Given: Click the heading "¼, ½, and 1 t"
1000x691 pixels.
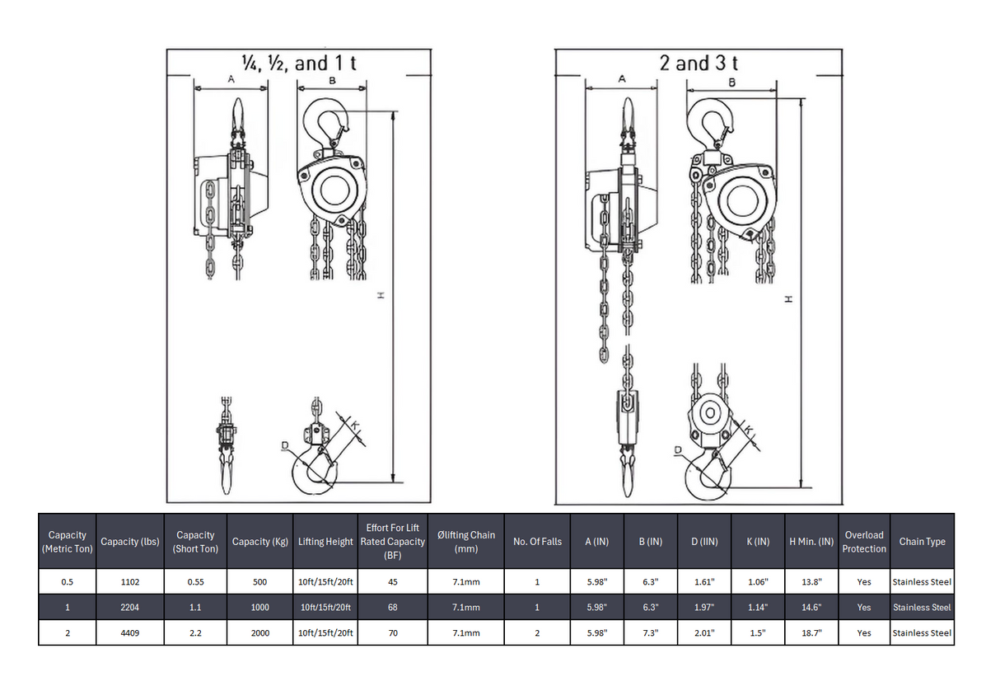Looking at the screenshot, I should (298, 63).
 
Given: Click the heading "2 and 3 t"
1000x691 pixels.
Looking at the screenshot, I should (699, 63).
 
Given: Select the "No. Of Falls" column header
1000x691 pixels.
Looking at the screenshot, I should (537, 542).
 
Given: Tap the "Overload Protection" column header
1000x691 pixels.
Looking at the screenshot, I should (863, 542).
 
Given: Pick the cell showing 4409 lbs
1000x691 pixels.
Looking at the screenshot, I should (129, 633).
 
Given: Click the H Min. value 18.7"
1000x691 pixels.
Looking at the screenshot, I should (811, 633).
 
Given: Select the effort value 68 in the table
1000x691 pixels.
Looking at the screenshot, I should (392, 608).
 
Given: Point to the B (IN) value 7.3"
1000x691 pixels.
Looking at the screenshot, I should (651, 633).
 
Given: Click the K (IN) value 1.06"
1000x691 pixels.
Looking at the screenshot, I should (757, 582).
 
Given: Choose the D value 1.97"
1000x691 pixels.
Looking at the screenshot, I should (703, 608).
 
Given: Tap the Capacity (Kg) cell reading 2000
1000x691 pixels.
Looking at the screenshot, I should (259, 633).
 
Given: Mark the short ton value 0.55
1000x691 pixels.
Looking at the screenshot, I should (195, 582).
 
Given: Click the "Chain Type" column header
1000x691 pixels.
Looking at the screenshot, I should (922, 542).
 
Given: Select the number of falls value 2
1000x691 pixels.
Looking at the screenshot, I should (537, 633).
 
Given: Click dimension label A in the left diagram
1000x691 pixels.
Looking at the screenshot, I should (231, 79).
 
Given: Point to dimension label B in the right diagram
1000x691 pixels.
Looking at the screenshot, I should (731, 82).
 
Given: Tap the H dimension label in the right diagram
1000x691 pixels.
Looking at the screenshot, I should (788, 298).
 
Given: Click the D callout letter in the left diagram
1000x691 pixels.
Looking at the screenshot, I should (284, 446).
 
